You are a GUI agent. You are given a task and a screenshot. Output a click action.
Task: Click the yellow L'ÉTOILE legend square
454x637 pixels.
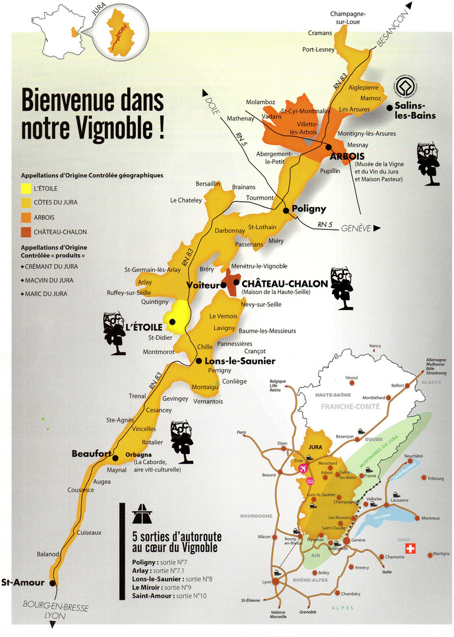(x=26, y=189)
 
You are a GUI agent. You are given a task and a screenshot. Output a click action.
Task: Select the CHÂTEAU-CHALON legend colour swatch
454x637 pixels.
(x=26, y=232)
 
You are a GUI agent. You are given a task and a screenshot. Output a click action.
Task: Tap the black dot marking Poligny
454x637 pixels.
(x=285, y=210)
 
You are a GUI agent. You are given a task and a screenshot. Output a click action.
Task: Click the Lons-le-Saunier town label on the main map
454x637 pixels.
(x=240, y=361)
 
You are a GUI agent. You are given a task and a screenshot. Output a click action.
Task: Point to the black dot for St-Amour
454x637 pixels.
(x=53, y=583)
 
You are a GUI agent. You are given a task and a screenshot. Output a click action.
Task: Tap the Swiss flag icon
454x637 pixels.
(x=410, y=549)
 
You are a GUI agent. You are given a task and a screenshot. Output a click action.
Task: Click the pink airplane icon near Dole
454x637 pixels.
(x=303, y=468)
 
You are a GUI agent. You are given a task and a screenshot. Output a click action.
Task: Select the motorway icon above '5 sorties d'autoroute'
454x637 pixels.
(x=142, y=514)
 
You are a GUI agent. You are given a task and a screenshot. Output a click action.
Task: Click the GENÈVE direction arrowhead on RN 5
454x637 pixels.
(x=377, y=228)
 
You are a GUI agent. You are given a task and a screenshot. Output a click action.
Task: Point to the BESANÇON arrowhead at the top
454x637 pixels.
(x=409, y=6)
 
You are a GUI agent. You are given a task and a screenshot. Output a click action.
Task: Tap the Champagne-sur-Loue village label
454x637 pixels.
(x=348, y=18)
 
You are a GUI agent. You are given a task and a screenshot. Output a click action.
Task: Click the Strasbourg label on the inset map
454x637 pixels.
(x=436, y=373)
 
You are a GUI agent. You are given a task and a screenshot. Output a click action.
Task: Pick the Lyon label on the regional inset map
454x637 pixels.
(x=266, y=582)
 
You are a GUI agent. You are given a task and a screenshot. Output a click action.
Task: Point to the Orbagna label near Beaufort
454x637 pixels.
(x=139, y=454)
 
